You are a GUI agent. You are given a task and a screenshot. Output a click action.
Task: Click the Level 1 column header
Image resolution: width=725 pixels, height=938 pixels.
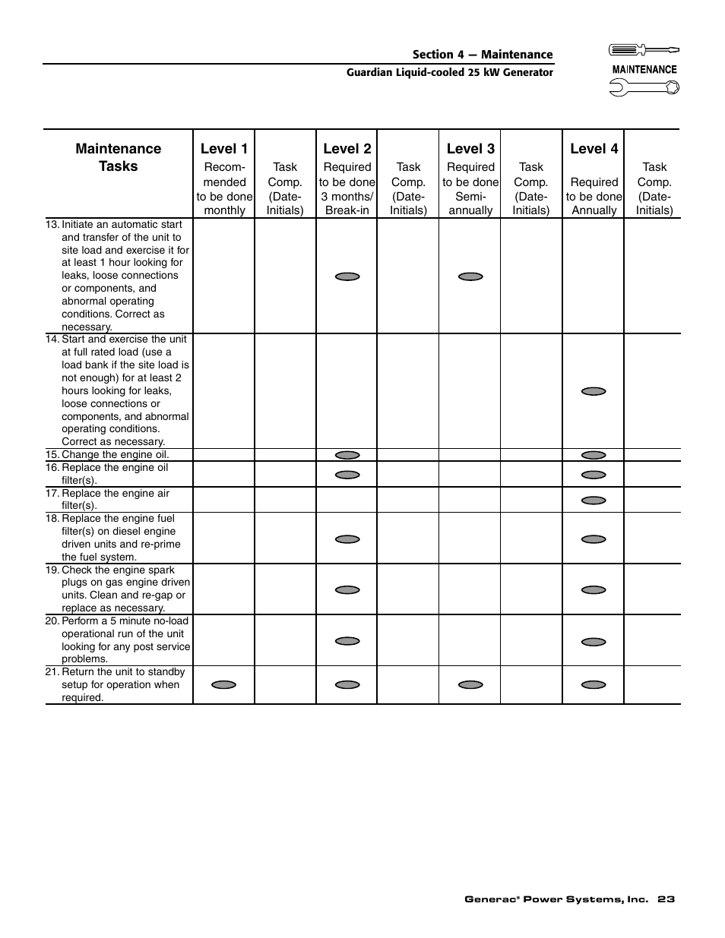[x=224, y=149]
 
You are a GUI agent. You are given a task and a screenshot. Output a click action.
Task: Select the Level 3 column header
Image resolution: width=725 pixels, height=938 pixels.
[x=470, y=149]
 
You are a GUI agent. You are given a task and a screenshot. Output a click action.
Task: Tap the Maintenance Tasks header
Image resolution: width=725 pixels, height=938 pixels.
[x=119, y=157]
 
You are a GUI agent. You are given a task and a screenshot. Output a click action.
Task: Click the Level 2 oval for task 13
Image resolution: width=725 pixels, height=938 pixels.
[x=347, y=276]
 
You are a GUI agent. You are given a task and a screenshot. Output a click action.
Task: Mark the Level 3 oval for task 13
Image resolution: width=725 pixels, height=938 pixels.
[x=470, y=276]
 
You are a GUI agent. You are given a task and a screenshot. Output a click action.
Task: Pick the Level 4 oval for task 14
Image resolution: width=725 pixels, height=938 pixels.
[x=594, y=391]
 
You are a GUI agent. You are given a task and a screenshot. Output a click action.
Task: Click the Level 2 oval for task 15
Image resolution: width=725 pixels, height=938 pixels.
[x=347, y=455]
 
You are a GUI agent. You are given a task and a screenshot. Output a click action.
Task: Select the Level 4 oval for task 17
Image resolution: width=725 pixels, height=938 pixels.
[x=594, y=501]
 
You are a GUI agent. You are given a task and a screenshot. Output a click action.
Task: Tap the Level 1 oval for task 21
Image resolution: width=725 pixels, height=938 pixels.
[x=223, y=684]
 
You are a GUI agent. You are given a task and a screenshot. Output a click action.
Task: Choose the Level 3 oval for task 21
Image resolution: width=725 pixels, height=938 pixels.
[x=470, y=684]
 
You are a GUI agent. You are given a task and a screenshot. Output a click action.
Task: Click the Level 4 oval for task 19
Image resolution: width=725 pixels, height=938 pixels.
[x=594, y=589]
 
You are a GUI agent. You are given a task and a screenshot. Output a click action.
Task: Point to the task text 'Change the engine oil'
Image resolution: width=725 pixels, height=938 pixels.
[x=115, y=455]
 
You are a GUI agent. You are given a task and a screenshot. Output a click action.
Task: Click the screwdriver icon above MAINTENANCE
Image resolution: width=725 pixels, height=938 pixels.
[x=644, y=50]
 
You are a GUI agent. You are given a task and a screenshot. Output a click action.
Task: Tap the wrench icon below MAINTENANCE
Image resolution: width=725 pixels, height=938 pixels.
[x=644, y=87]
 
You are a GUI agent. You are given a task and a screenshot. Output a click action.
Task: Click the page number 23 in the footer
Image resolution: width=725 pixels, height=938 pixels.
[x=666, y=899]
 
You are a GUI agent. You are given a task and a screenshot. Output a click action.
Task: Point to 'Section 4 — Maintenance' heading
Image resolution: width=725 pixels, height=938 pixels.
[x=483, y=55]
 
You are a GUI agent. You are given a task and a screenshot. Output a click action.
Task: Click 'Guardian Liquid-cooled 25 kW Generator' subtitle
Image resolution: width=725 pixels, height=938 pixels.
[x=450, y=73]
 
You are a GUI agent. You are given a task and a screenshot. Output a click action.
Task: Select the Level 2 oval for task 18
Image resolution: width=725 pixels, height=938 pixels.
[x=347, y=539]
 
